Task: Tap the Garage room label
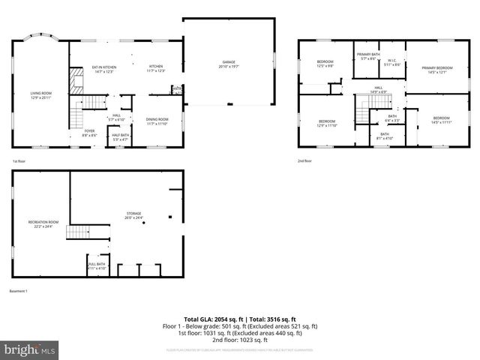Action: [x=229, y=64]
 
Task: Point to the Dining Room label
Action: [x=157, y=121]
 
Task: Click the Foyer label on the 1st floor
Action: [x=89, y=133]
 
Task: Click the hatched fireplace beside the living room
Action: [x=76, y=81]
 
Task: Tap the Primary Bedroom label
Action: [x=436, y=70]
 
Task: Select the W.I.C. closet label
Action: [x=392, y=62]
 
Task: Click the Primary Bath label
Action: [x=367, y=56]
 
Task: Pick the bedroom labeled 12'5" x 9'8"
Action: [x=324, y=64]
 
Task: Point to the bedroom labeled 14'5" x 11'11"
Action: [x=441, y=120]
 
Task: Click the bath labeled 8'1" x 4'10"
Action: [x=384, y=136]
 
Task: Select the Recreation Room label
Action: [x=43, y=223]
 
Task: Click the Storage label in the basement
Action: [x=133, y=216]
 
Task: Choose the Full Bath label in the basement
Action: [x=97, y=265]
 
